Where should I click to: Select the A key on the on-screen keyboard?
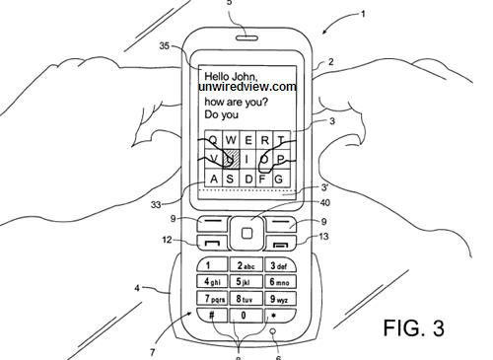(212, 179)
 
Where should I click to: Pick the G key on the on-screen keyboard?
(279, 179)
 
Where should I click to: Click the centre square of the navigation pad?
(247, 235)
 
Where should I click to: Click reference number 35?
(165, 45)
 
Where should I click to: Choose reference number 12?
(169, 240)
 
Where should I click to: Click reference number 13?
(323, 237)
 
